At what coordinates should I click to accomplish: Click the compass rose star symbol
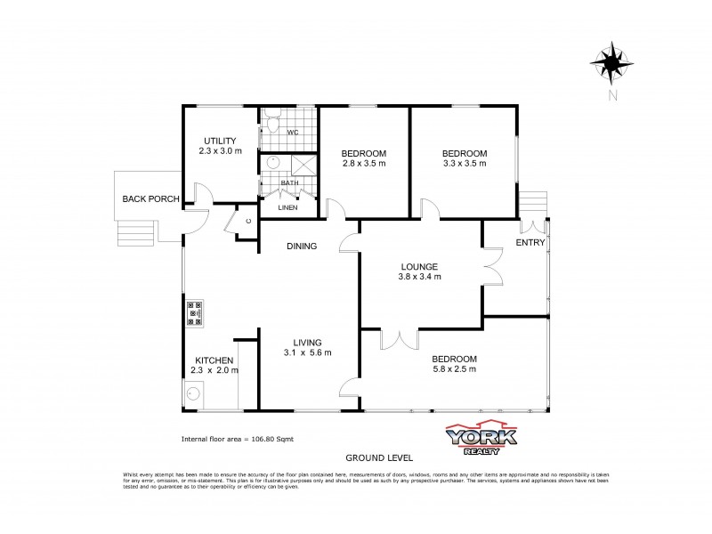point(611,61)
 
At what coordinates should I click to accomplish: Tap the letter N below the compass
point(611,95)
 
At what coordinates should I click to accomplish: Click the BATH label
point(289,183)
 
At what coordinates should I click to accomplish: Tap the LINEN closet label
point(288,207)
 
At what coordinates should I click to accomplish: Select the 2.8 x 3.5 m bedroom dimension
point(363,165)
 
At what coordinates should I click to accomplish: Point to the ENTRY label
point(530,242)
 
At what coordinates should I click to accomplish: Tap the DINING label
point(302,247)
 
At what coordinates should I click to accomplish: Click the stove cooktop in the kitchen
point(195,314)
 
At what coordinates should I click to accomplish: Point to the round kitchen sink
point(193,392)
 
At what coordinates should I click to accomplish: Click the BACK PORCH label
point(151,198)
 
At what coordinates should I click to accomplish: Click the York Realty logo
point(481,437)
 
